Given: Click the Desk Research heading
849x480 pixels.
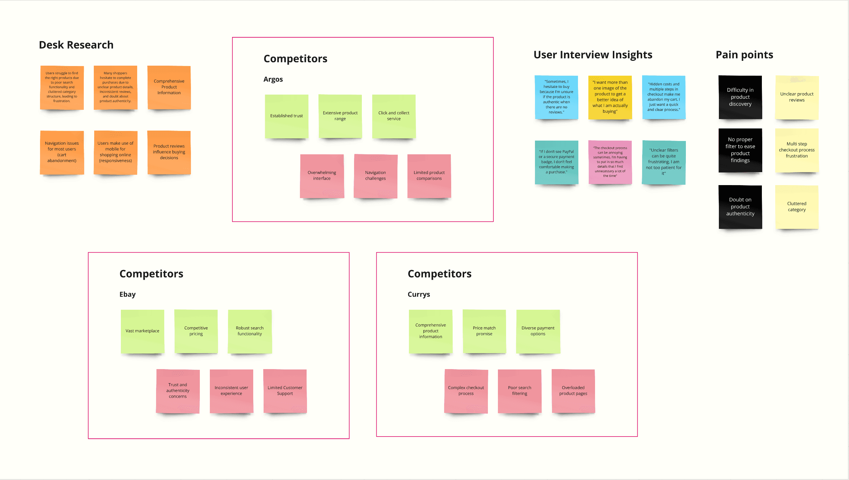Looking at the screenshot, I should pyautogui.click(x=76, y=45).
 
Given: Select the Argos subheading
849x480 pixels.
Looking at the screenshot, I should pyautogui.click(x=273, y=79).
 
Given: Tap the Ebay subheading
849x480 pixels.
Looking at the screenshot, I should pyautogui.click(x=127, y=294).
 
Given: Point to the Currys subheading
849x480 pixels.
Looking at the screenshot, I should pyautogui.click(x=419, y=294).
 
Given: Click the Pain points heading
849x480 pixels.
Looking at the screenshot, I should pyautogui.click(x=744, y=55).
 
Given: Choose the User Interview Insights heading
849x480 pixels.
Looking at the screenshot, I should pyautogui.click(x=592, y=55).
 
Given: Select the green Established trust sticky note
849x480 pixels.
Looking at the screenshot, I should pyautogui.click(x=286, y=116).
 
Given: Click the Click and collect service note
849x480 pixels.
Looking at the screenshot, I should pyautogui.click(x=394, y=116).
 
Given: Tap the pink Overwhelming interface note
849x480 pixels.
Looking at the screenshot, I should pyautogui.click(x=322, y=176).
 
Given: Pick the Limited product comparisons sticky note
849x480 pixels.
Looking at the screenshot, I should pyautogui.click(x=429, y=176).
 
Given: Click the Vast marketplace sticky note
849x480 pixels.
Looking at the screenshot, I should pyautogui.click(x=142, y=331).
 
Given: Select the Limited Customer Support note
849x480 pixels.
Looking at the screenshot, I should pyautogui.click(x=285, y=391).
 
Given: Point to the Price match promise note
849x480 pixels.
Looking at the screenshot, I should pyautogui.click(x=484, y=331).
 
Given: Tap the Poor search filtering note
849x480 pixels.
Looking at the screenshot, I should pyautogui.click(x=519, y=391).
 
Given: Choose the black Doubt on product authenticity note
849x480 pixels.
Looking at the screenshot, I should pyautogui.click(x=740, y=207).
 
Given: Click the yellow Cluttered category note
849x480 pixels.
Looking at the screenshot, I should pyautogui.click(x=797, y=207).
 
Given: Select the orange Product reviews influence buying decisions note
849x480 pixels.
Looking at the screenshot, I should pyautogui.click(x=169, y=152).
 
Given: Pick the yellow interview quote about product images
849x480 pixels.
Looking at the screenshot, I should pyautogui.click(x=610, y=97).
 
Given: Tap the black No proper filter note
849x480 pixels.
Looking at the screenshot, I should pyautogui.click(x=740, y=150).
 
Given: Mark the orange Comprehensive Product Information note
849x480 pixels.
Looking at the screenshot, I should pyautogui.click(x=169, y=87).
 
